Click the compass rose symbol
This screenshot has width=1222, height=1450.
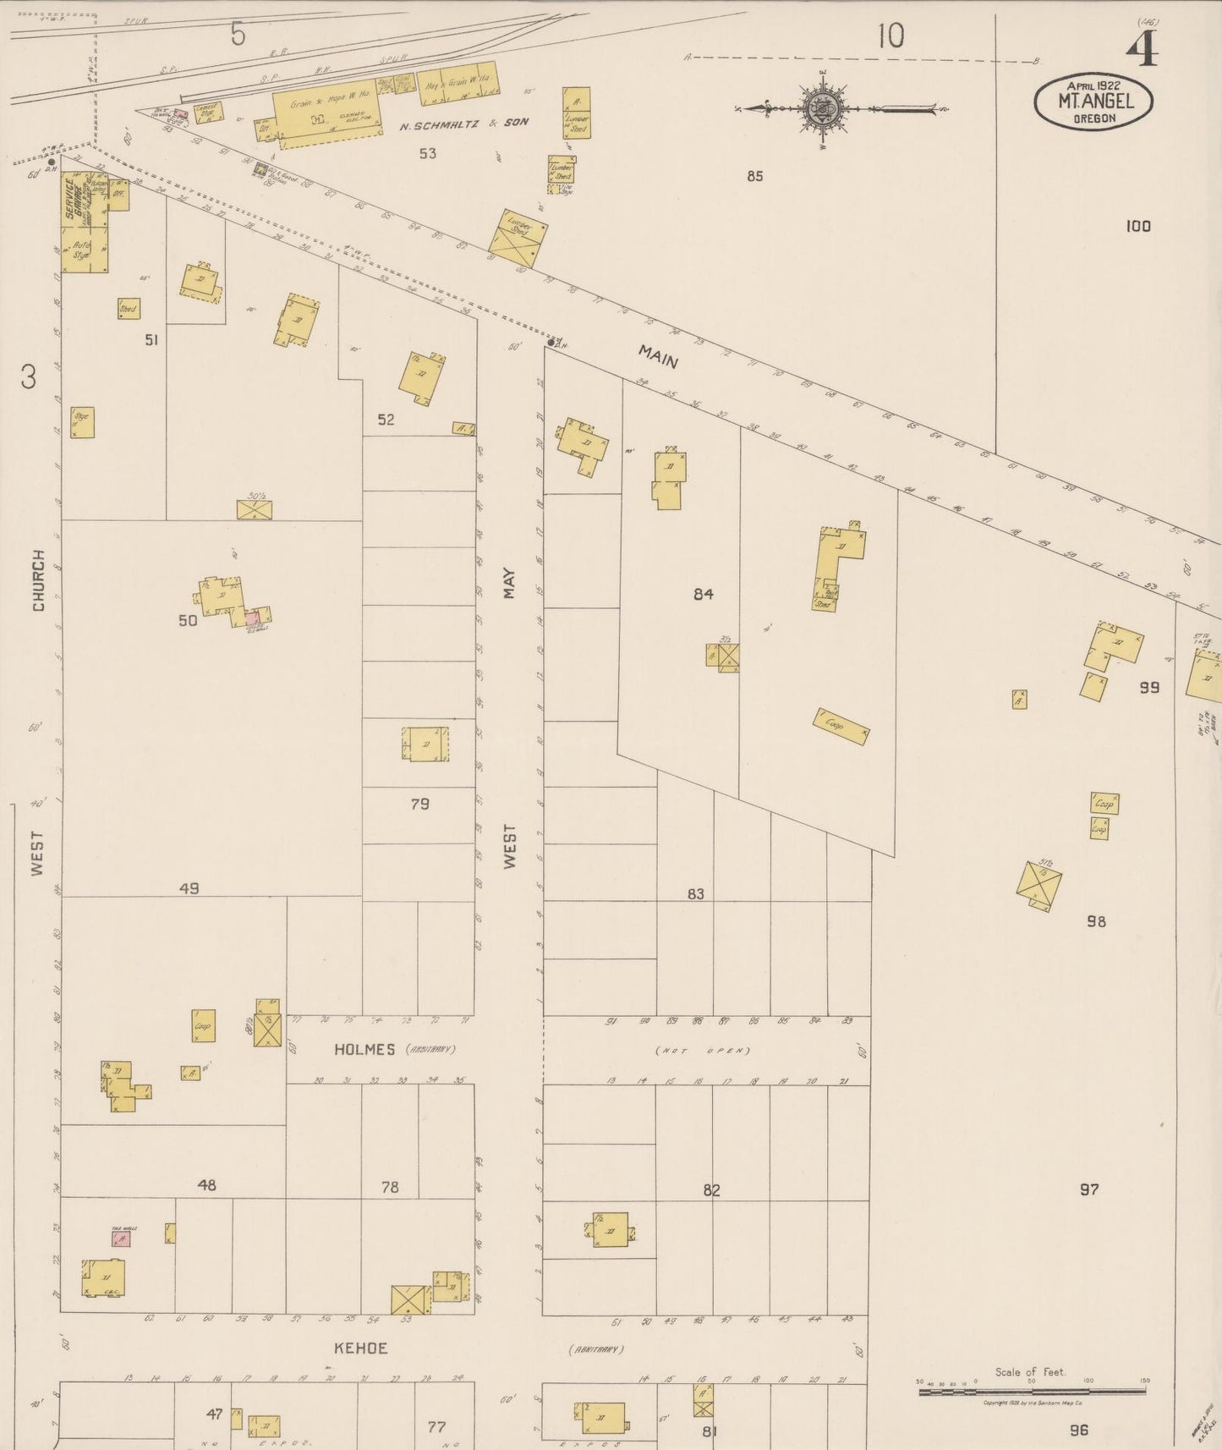(819, 107)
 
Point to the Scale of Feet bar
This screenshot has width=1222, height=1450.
(1031, 1389)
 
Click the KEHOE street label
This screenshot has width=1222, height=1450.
(360, 1348)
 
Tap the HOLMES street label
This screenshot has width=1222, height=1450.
(364, 1049)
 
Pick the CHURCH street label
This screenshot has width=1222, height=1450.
(38, 579)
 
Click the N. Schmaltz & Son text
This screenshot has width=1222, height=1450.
(464, 123)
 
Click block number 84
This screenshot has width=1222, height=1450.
(703, 594)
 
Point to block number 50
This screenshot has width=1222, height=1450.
(188, 620)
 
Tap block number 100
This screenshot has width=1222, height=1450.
(1138, 226)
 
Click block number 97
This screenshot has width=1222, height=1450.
(1089, 1189)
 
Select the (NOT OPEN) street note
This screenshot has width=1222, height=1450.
(704, 1051)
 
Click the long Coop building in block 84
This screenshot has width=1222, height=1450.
(841, 727)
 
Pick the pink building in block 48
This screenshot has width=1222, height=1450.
(122, 1239)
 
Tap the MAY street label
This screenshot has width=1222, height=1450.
(509, 583)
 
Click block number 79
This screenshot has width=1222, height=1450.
(419, 804)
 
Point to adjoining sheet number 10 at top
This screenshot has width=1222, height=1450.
(890, 36)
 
